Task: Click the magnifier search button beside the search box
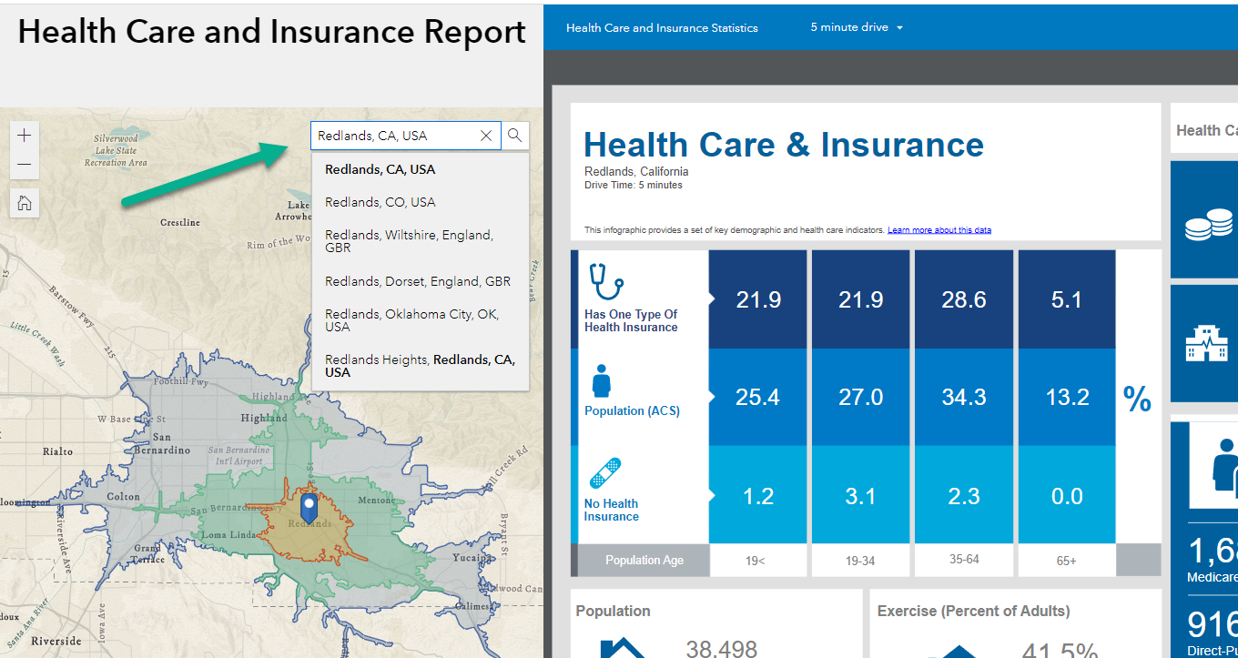click(x=515, y=136)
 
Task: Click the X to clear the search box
click(x=486, y=136)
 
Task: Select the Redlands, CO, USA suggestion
click(x=380, y=202)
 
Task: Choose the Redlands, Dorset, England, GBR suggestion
click(x=417, y=281)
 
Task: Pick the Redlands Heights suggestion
click(x=420, y=366)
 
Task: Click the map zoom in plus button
click(x=25, y=136)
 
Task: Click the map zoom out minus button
click(x=25, y=165)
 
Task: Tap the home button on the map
click(x=25, y=202)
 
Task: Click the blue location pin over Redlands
click(x=309, y=507)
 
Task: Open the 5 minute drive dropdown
click(x=857, y=27)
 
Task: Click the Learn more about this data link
click(x=939, y=230)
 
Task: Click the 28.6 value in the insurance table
click(x=964, y=300)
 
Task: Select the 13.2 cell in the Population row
click(x=1067, y=398)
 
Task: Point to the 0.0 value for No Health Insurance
click(x=1067, y=496)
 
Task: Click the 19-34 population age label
click(x=860, y=561)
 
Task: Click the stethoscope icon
click(x=605, y=281)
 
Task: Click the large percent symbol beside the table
click(x=1137, y=398)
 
